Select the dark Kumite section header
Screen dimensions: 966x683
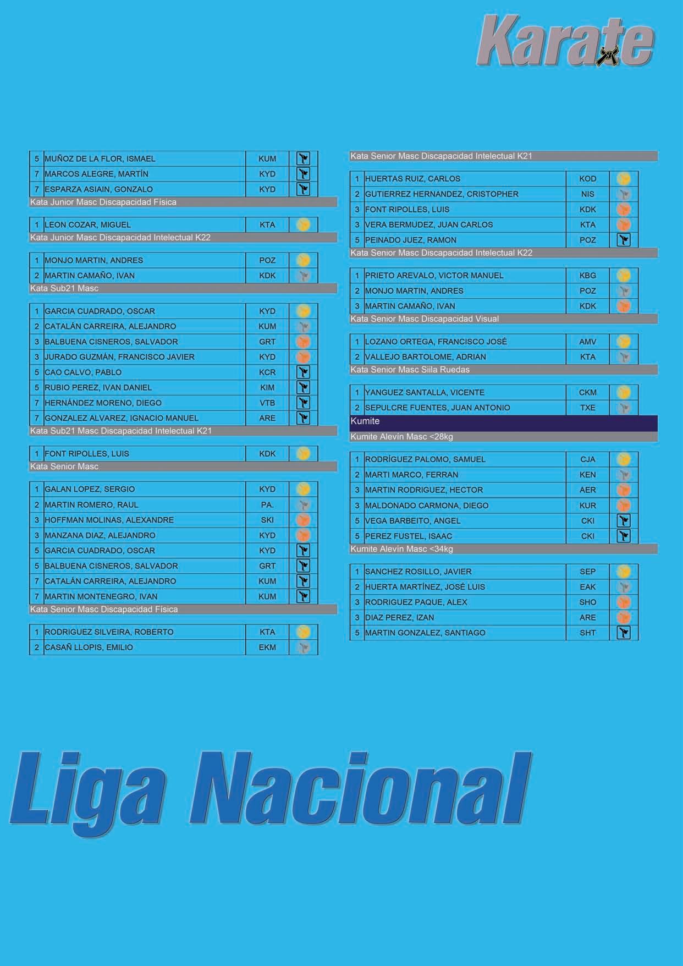(x=503, y=422)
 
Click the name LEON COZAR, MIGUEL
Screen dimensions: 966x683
(x=87, y=224)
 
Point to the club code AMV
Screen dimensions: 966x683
(x=587, y=342)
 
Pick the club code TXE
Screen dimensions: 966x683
(x=587, y=408)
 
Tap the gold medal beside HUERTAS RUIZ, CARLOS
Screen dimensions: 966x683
(x=623, y=179)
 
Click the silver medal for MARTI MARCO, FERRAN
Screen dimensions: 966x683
(x=623, y=475)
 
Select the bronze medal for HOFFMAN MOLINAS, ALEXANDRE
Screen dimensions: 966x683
(x=303, y=520)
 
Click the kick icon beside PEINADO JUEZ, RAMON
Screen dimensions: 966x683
(x=623, y=240)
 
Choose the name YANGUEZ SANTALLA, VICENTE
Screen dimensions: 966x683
(x=425, y=392)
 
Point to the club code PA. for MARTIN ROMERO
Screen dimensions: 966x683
(x=267, y=504)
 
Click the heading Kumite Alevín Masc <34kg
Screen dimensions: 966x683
(x=401, y=549)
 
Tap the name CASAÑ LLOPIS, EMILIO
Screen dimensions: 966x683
(x=89, y=647)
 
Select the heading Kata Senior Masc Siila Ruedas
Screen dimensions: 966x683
(x=410, y=370)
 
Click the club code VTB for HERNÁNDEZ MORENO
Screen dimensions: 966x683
(x=267, y=403)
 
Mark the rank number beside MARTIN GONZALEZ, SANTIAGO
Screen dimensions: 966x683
(x=357, y=633)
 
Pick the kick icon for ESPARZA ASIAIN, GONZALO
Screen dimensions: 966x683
(x=303, y=189)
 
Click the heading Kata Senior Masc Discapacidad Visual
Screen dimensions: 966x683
(x=425, y=319)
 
